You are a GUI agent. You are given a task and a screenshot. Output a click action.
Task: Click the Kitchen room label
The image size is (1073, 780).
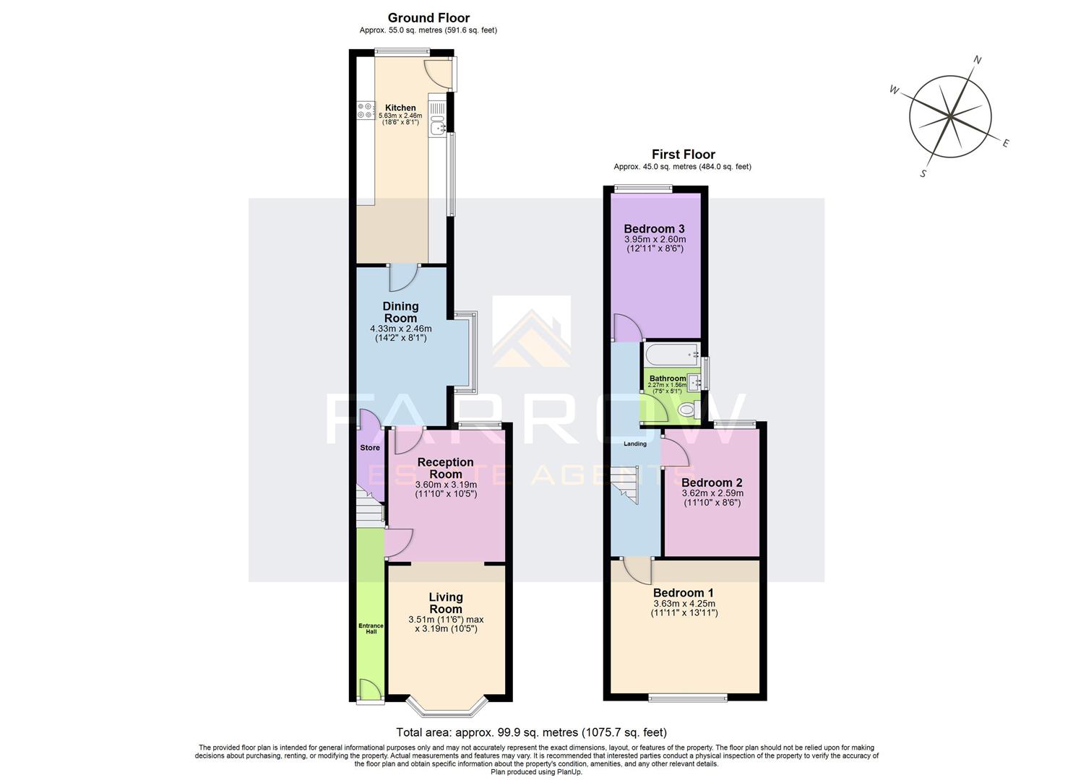[400, 108]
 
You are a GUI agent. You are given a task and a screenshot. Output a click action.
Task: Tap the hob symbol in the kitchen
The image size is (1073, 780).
[363, 111]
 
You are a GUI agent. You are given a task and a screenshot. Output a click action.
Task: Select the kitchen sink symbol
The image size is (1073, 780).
[438, 128]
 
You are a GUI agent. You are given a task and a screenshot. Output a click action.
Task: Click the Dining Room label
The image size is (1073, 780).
[400, 312]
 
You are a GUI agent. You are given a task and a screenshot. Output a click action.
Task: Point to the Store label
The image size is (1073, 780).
[370, 448]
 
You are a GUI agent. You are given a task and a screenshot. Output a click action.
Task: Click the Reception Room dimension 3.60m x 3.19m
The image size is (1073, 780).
[445, 485]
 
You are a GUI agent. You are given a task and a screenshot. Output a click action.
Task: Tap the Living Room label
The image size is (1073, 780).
[446, 602]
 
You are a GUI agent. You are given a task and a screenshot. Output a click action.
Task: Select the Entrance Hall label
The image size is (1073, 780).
[371, 628]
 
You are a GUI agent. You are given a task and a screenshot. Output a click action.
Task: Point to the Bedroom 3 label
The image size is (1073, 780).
[654, 229]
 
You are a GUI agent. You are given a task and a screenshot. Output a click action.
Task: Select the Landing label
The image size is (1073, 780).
[635, 443]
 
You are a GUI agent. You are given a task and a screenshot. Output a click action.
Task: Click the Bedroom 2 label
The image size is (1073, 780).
[712, 482]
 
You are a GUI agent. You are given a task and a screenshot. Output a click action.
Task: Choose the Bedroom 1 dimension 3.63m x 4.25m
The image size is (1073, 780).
[684, 604]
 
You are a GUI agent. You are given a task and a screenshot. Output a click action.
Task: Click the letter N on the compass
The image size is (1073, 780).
[978, 61]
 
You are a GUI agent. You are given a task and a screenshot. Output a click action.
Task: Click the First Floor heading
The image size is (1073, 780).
[683, 154]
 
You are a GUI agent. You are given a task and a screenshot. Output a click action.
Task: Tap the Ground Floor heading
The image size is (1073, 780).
[428, 18]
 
